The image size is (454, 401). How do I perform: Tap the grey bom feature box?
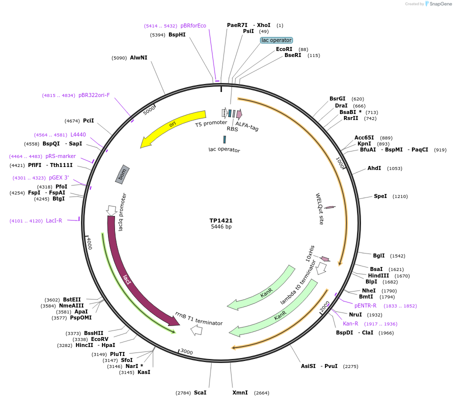[123, 173]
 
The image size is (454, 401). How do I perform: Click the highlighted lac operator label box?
[276, 40]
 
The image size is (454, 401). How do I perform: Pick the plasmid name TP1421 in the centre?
[221, 220]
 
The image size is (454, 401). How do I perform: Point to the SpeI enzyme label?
[380, 196]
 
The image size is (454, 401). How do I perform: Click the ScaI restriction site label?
[200, 393]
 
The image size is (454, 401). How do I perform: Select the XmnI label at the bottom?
[240, 393]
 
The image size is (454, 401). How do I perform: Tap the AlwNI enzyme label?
[138, 58]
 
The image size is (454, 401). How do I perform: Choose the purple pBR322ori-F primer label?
[94, 95]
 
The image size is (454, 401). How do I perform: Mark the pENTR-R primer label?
[365, 305]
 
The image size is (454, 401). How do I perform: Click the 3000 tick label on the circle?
[186, 352]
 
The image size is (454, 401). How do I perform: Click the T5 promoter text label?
[211, 123]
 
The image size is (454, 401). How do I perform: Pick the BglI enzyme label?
[379, 256]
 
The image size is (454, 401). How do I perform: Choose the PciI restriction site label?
[88, 121]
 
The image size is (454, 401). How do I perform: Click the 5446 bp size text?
[221, 227]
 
